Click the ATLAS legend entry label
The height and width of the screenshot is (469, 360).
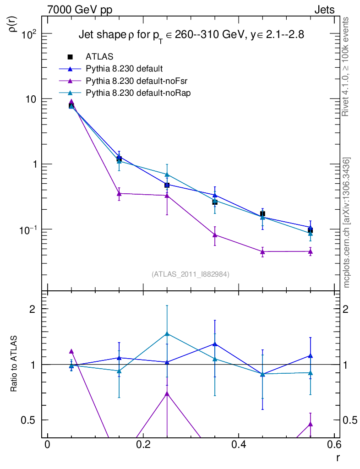(x=99, y=57)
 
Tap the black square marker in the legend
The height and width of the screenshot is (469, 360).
(x=70, y=57)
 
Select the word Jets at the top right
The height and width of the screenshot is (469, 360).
(x=324, y=9)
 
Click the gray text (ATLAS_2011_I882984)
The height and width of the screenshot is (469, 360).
(x=191, y=274)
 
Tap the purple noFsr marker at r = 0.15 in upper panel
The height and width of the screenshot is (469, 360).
(x=119, y=193)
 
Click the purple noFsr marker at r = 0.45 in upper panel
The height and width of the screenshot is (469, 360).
(x=262, y=251)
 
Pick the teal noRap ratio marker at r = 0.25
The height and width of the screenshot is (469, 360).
(x=167, y=333)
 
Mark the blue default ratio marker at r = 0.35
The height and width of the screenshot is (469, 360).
(x=215, y=344)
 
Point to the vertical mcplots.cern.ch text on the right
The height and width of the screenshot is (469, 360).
(x=347, y=223)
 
